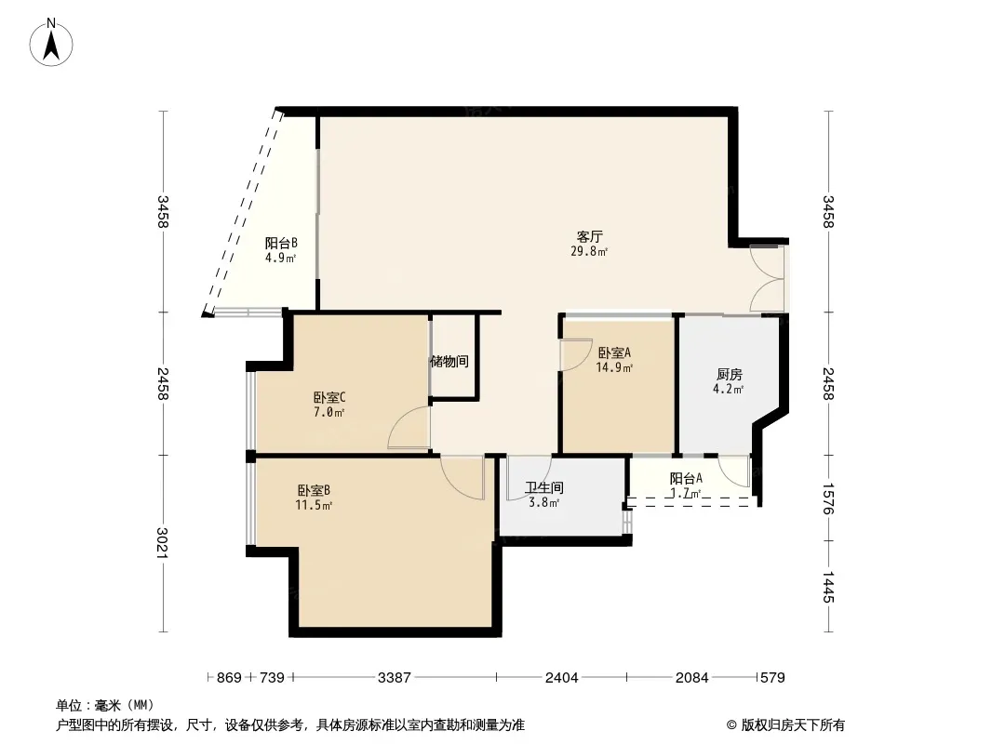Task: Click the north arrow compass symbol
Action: click(51, 43)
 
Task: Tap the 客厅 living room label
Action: click(589, 237)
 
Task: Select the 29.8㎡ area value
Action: click(589, 252)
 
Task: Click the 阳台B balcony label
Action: click(281, 244)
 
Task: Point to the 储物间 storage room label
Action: click(449, 362)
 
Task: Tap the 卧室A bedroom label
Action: click(614, 352)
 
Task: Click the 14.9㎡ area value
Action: click(614, 367)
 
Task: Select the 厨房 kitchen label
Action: click(729, 375)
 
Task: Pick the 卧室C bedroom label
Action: click(329, 398)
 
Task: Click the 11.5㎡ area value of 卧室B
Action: click(314, 505)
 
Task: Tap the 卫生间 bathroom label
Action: click(544, 488)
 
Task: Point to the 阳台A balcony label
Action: click(686, 479)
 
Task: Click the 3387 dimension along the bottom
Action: click(395, 678)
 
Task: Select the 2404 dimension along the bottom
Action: click(562, 678)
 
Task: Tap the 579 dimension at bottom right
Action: click(772, 678)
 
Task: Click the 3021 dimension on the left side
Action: click(163, 542)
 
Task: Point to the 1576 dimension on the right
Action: click(828, 498)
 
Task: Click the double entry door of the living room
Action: click(767, 278)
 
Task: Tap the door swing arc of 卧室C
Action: click(409, 427)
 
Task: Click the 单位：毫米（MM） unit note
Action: click(105, 706)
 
